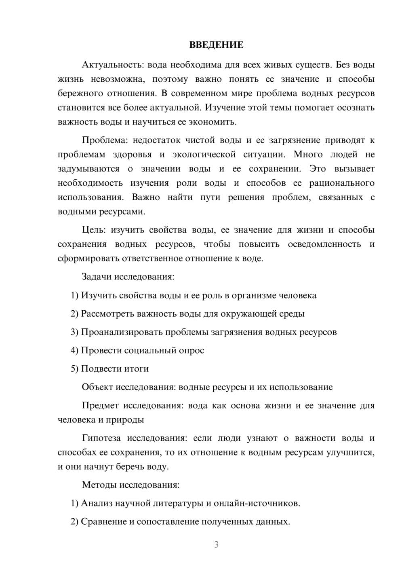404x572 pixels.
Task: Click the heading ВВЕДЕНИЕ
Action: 216,45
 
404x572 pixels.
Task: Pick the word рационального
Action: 342,183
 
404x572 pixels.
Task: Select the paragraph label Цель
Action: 93,230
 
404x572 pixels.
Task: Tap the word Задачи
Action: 97,277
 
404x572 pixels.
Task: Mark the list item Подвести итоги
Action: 115,369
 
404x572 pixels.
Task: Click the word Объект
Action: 97,387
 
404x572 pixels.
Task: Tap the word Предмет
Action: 100,405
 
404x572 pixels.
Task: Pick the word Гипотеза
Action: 102,438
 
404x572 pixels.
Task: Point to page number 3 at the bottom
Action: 216,544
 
